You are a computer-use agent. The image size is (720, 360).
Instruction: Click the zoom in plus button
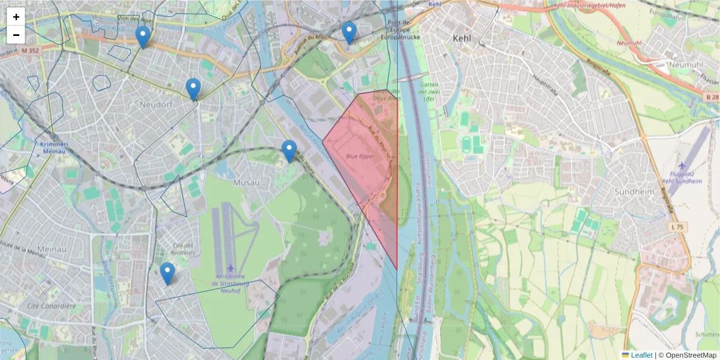click(16, 17)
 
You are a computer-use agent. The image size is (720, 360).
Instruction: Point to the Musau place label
click(247, 182)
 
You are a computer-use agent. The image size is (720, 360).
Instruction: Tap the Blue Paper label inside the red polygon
click(361, 156)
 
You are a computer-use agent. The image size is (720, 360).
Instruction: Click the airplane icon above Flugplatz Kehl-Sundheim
click(682, 165)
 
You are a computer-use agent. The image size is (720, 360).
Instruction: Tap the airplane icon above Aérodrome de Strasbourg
click(231, 267)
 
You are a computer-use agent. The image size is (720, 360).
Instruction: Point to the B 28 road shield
click(712, 97)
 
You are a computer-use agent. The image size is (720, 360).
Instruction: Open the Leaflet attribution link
click(641, 355)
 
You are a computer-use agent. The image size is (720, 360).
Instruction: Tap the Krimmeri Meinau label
click(55, 148)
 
